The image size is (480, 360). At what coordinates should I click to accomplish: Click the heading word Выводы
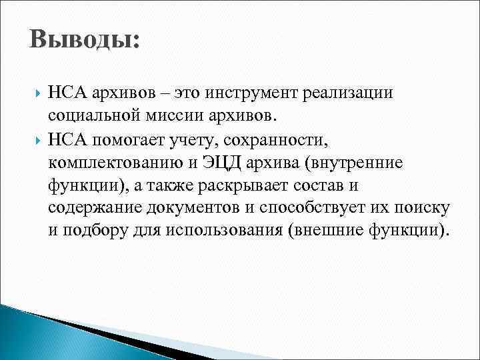[x=83, y=39]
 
